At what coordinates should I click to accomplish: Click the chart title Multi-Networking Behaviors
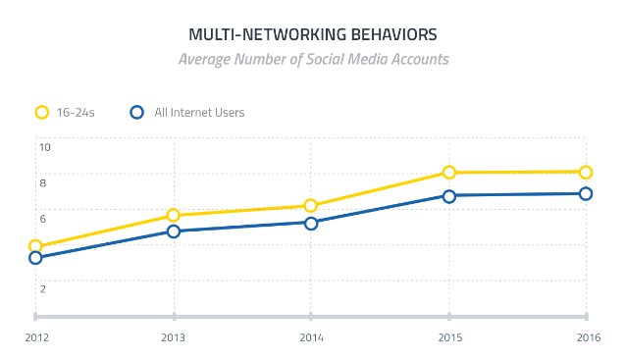pyautogui.click(x=312, y=35)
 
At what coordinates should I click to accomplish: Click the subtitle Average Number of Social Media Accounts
pyautogui.click(x=312, y=59)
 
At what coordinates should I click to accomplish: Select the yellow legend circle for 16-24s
pyautogui.click(x=42, y=112)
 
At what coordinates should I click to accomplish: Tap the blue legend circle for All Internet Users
pyautogui.click(x=138, y=112)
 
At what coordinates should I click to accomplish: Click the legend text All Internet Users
pyautogui.click(x=199, y=113)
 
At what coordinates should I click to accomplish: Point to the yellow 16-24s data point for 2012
pyautogui.click(x=35, y=247)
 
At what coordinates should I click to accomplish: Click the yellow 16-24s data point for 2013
pyautogui.click(x=174, y=216)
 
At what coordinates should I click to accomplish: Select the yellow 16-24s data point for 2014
pyautogui.click(x=311, y=206)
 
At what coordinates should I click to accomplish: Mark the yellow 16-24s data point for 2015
pyautogui.click(x=449, y=173)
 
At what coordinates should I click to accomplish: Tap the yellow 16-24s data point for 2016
pyautogui.click(x=586, y=172)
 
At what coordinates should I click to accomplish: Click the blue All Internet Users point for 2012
pyautogui.click(x=35, y=258)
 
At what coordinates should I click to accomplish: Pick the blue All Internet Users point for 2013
pyautogui.click(x=174, y=231)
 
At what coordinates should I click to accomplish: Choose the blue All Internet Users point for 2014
pyautogui.click(x=311, y=223)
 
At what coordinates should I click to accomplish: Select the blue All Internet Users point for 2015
pyautogui.click(x=449, y=196)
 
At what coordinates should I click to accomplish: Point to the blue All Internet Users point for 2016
pyautogui.click(x=586, y=194)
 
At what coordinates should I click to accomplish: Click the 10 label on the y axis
pyautogui.click(x=44, y=147)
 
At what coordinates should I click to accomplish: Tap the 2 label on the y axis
pyautogui.click(x=42, y=288)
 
